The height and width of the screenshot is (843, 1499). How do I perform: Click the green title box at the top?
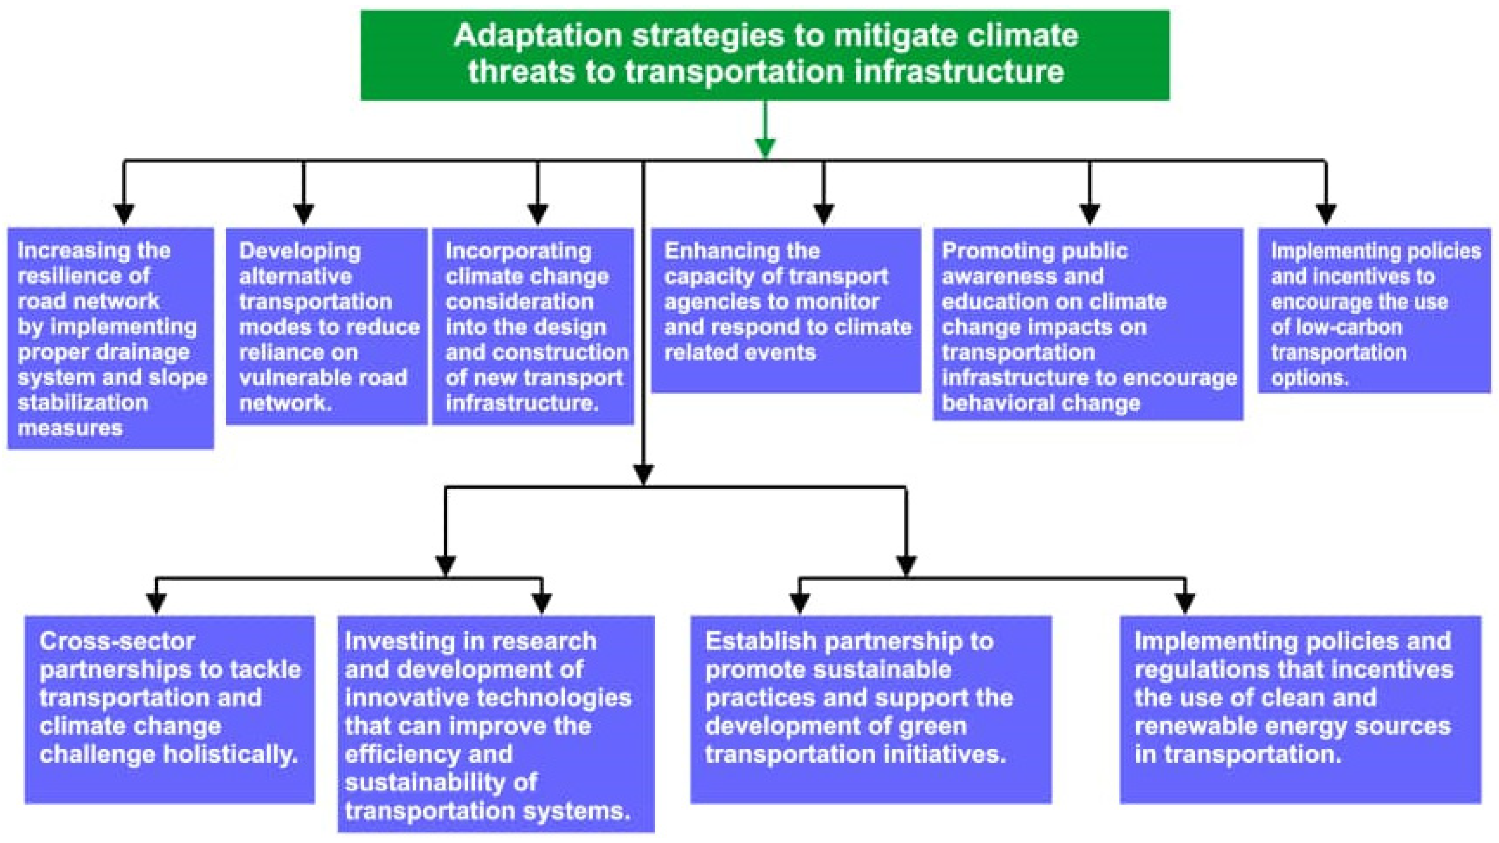pos(765,55)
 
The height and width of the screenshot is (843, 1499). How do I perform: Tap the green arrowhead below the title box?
pos(765,148)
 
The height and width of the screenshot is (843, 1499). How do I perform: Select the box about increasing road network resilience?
pos(111,338)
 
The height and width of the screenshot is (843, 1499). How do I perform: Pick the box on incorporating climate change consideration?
pos(533,326)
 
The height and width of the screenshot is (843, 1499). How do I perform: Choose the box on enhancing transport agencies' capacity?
pos(786,310)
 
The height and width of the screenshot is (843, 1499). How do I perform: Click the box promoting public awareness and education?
pos(1088,324)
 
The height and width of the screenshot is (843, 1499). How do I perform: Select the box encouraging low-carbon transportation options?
pos(1374,310)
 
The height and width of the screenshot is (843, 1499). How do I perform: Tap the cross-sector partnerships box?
pos(169,709)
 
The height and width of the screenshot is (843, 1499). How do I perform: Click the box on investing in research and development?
pos(496,724)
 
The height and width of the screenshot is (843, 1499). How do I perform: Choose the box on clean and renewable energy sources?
pos(1300,709)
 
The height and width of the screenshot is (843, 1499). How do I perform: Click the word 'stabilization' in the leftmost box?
pos(83,403)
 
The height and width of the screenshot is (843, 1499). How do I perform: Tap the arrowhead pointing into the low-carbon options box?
pos(1326,214)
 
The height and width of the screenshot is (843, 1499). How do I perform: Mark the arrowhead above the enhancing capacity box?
pos(823,214)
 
